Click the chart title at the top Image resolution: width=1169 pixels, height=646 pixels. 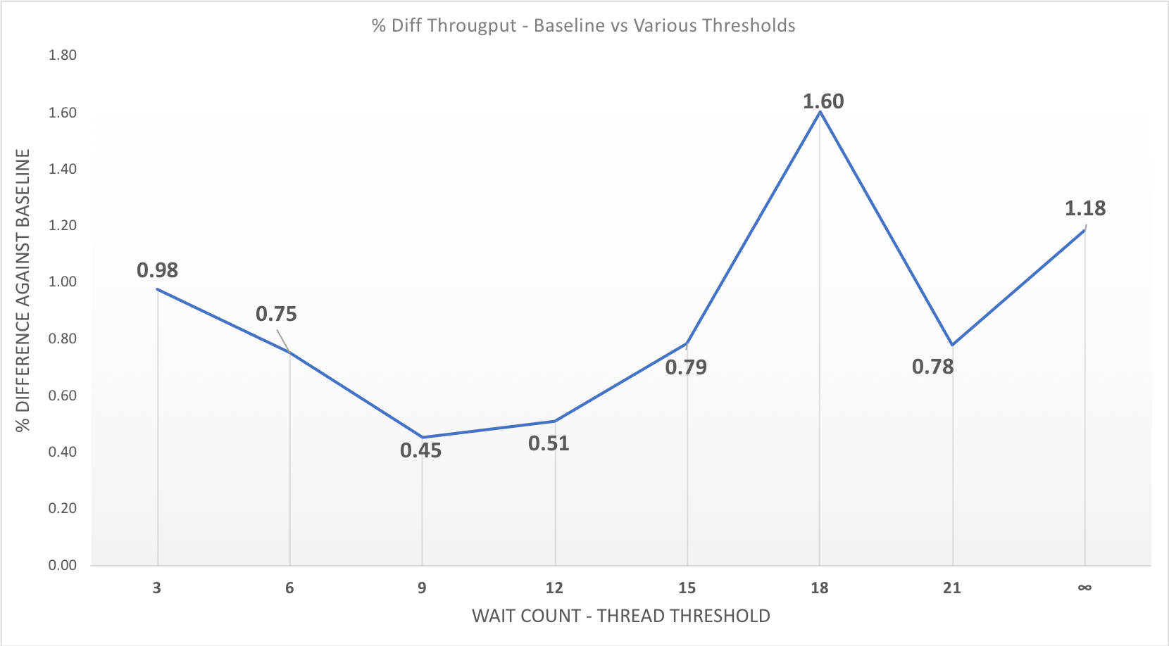pos(583,26)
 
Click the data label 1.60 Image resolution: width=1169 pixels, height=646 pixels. pos(823,101)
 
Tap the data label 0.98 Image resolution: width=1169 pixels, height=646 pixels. pos(157,270)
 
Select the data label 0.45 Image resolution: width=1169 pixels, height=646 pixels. pos(420,450)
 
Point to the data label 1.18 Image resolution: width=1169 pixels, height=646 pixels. pos(1084,208)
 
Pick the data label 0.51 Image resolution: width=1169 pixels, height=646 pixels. pos(549,443)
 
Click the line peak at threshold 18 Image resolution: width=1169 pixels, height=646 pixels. pos(820,111)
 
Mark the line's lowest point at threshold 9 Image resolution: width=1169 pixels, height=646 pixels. pos(422,438)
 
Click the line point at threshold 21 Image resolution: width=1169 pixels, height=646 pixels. pos(952,345)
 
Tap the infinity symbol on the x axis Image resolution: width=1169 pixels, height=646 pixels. pos(1084,588)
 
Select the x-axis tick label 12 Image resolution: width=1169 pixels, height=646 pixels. pos(554,588)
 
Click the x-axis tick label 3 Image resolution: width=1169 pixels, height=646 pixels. pos(157,588)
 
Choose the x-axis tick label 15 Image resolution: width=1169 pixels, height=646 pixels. pos(687,588)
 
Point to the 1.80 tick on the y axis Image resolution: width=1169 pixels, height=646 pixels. pos(62,55)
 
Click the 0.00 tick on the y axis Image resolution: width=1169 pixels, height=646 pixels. pos(62,565)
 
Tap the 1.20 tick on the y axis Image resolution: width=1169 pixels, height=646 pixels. pos(62,225)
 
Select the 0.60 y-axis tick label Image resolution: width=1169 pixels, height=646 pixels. pos(62,395)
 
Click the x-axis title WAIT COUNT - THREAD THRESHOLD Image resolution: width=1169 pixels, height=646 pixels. pos(620,616)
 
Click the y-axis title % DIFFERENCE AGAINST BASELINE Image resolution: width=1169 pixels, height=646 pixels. pos(23,290)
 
